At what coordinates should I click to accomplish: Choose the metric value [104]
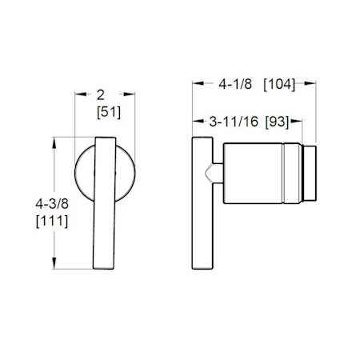pos(279,83)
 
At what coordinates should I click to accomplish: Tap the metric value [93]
pos(277,123)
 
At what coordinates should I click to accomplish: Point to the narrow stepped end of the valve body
pos(312,174)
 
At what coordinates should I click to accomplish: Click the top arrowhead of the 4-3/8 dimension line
pos(55,141)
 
